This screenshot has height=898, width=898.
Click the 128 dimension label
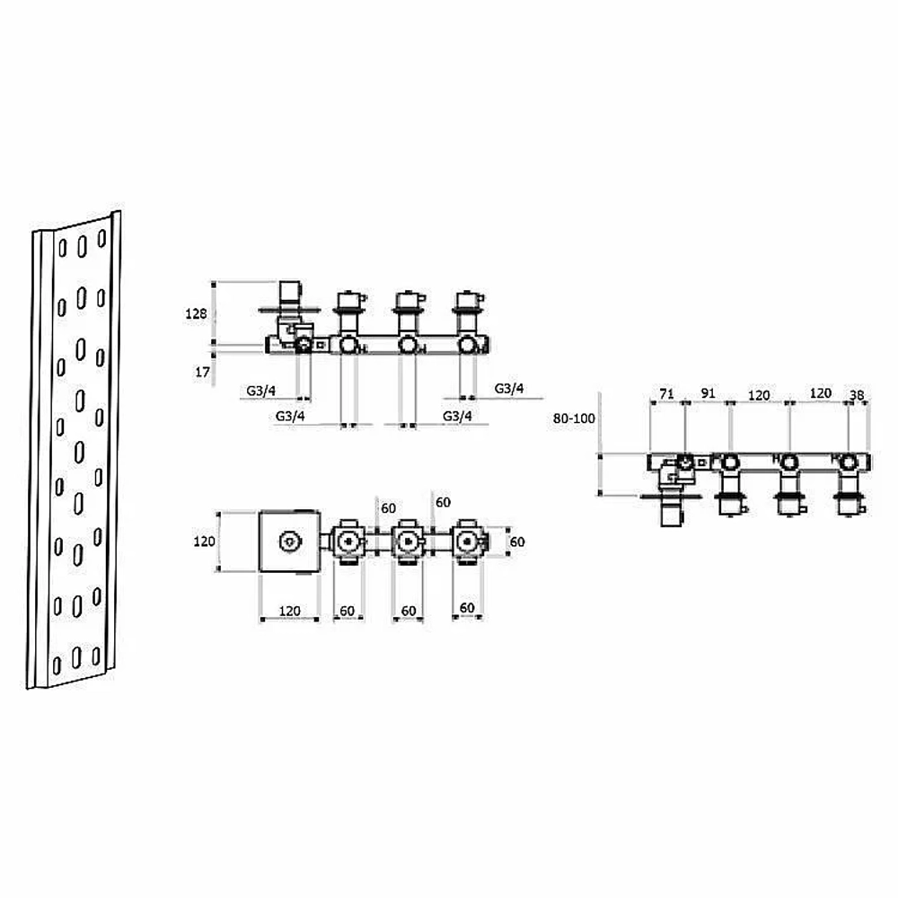click(x=196, y=313)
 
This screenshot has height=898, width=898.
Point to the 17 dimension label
click(x=202, y=373)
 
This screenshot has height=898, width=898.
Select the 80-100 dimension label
click(x=574, y=418)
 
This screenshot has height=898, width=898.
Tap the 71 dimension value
click(x=666, y=394)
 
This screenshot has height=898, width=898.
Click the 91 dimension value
click(x=708, y=393)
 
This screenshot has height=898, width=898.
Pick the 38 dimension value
click(x=857, y=395)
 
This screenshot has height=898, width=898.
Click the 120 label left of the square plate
click(x=204, y=541)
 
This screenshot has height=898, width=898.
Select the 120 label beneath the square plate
click(x=289, y=611)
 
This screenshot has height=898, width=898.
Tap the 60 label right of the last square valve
click(x=516, y=541)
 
